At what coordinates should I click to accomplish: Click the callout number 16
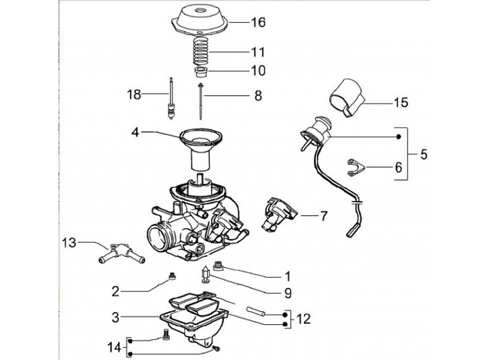pos(257,22)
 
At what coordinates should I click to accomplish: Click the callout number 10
pos(257,70)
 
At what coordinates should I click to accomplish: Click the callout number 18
pos(135,93)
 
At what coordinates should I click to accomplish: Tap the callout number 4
pos(135,131)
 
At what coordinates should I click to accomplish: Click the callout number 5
pos(423,155)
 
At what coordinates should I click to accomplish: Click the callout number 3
pos(116,317)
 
